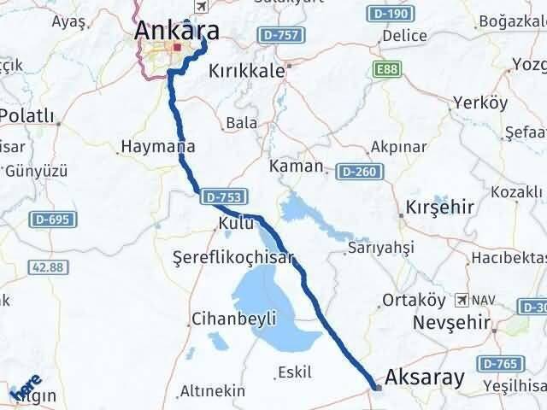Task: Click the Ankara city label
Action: click(177, 31)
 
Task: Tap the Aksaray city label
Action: click(425, 377)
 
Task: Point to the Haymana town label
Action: click(154, 147)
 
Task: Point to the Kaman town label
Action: click(296, 166)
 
